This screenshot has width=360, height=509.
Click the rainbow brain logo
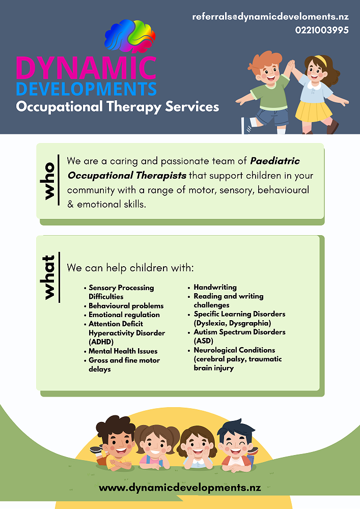(x=130, y=36)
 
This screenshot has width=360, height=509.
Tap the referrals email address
(x=270, y=17)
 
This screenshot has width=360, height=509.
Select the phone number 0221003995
(x=322, y=30)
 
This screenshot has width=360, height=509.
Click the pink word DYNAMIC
(x=86, y=68)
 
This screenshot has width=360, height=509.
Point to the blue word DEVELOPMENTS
(x=86, y=89)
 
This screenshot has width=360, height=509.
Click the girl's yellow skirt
(x=314, y=111)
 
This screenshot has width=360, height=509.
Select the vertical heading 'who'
(x=49, y=181)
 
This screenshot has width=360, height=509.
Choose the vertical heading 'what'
(x=49, y=277)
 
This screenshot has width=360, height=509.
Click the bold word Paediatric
(x=275, y=161)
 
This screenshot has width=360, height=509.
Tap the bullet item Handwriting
(x=215, y=287)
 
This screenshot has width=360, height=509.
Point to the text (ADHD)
(x=101, y=342)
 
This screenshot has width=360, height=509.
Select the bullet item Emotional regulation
(x=124, y=315)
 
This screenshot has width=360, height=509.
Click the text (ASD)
(x=204, y=341)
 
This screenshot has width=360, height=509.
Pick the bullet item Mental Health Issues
(x=123, y=351)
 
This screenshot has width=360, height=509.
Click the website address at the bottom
(x=180, y=488)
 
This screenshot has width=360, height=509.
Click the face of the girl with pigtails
(x=156, y=445)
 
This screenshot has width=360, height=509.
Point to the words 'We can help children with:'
(x=130, y=268)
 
